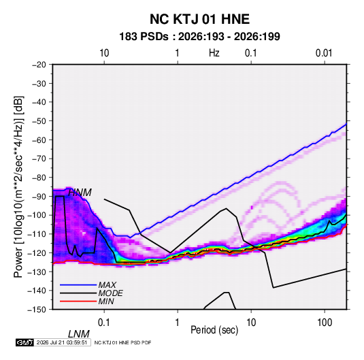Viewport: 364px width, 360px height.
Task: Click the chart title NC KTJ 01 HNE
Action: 199,19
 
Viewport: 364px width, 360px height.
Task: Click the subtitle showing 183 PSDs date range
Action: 199,37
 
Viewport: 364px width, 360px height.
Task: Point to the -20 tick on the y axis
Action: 39,65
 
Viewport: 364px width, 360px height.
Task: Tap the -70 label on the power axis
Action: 39,159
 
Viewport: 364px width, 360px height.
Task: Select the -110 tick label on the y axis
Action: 37,234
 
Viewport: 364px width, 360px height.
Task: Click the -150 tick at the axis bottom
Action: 37,309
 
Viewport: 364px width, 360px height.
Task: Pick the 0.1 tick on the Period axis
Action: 104,323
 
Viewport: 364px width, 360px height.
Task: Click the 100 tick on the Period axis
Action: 325,323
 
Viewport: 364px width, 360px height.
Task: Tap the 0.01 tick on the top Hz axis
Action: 324,53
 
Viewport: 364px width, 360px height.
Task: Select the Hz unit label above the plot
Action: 214,53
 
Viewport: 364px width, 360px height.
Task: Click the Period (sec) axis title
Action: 214,330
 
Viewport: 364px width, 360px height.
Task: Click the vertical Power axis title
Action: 18,186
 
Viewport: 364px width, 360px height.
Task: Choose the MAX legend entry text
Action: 107,285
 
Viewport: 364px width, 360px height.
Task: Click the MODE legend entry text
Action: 110,293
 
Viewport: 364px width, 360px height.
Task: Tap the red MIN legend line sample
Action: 78,301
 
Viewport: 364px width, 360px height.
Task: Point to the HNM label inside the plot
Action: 80,193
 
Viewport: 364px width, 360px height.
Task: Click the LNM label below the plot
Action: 79,334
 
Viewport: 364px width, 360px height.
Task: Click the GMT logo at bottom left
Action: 24,342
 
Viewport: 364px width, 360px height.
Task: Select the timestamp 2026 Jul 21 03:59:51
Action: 62,342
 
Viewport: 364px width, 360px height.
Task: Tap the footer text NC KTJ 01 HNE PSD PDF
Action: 122,342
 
